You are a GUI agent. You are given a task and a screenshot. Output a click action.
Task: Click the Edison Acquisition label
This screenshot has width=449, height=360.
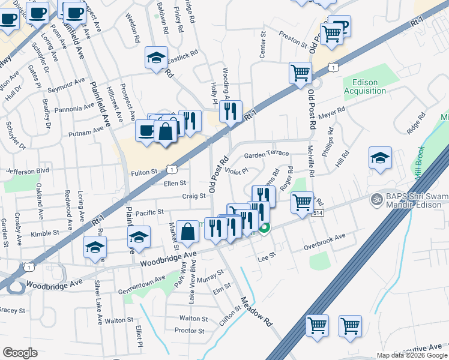click(365, 86)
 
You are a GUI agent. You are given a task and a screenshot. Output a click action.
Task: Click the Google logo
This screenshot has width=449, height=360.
click(20, 352)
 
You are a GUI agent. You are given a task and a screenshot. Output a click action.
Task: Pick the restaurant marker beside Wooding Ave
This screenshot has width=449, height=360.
click(230, 111)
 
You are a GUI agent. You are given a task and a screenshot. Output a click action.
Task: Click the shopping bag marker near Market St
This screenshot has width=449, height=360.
click(188, 231)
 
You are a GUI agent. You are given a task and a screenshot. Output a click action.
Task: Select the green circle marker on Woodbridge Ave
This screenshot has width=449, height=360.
click(264, 227)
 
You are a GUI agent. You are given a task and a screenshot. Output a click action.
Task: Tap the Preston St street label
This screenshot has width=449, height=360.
click(293, 43)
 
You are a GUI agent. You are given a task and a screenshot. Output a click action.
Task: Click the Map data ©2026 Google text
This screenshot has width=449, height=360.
click(411, 355)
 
